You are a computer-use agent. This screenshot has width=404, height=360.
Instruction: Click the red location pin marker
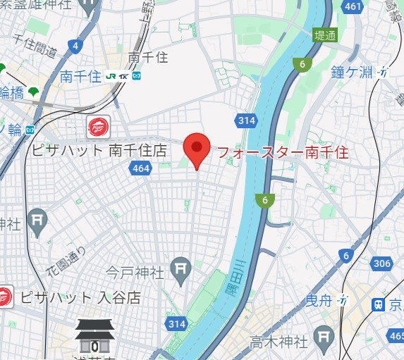click(197, 149)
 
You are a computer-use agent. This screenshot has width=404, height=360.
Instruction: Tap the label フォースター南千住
click(282, 151)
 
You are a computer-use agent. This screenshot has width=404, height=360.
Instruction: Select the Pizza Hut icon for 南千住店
click(98, 128)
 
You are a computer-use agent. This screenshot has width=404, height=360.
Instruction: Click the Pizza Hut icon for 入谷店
click(4, 296)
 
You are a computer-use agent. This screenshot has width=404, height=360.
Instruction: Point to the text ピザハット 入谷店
click(79, 297)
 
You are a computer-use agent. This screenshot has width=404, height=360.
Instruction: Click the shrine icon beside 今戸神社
click(182, 268)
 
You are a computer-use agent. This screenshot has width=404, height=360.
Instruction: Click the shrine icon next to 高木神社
click(324, 334)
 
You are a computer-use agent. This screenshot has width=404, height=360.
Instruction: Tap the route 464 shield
click(140, 168)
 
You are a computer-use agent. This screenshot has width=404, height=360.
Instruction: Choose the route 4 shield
click(75, 46)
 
